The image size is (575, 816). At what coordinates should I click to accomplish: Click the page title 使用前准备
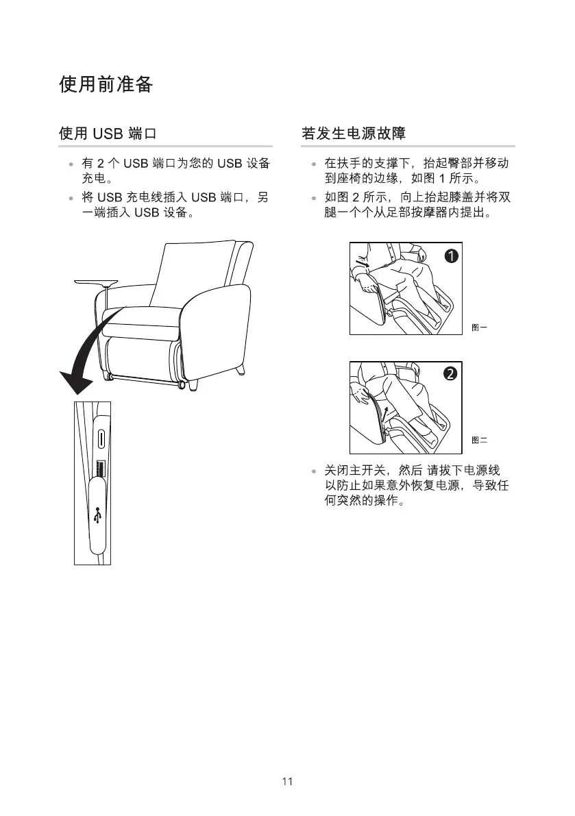click(106, 85)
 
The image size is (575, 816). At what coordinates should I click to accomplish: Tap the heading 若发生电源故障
click(354, 133)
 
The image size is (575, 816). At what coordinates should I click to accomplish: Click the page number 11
click(287, 782)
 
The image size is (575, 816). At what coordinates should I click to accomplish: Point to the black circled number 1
click(450, 256)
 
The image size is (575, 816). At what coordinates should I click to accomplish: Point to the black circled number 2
click(450, 374)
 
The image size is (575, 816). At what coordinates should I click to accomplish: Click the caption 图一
click(479, 328)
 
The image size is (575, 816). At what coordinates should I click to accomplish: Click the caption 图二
click(479, 440)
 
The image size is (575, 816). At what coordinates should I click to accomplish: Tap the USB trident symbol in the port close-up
click(99, 516)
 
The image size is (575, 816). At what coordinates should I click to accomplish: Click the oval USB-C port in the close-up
click(101, 438)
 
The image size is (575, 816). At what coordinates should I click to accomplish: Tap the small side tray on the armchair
click(96, 281)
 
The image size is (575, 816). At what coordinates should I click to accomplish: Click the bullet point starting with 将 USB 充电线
click(175, 206)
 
